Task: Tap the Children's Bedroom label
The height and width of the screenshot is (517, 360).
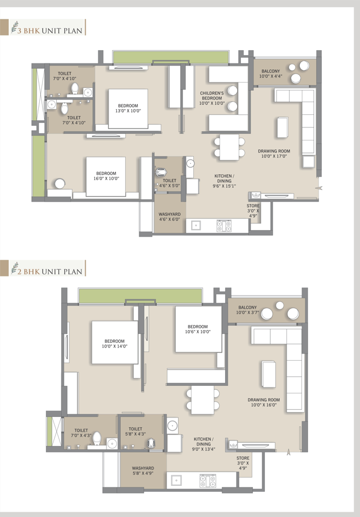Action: (212, 98)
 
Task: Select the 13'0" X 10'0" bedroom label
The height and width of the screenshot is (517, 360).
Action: (128, 108)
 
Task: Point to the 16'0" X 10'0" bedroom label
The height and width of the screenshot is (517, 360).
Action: (106, 176)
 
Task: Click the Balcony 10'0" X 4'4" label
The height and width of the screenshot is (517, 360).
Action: (270, 74)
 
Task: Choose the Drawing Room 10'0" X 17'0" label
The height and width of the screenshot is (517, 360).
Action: (274, 154)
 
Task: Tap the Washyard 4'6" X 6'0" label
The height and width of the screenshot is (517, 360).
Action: (169, 216)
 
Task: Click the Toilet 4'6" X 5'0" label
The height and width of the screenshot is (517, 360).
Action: (169, 183)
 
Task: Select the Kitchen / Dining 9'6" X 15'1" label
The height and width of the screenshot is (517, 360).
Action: (224, 181)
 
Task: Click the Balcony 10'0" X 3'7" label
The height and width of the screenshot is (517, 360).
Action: (247, 310)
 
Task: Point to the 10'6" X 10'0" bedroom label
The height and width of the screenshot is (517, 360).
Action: (198, 329)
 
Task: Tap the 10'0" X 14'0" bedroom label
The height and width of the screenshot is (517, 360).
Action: (114, 344)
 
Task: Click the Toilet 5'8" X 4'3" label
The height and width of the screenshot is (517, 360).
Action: (135, 431)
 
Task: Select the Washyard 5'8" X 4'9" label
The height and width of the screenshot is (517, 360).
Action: (143, 471)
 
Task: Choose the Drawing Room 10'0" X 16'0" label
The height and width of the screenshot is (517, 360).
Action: (264, 402)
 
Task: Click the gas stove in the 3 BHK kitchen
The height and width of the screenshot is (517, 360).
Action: (224, 226)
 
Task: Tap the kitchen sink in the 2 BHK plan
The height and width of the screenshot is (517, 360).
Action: (176, 480)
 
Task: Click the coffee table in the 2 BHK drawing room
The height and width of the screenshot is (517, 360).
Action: (269, 374)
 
